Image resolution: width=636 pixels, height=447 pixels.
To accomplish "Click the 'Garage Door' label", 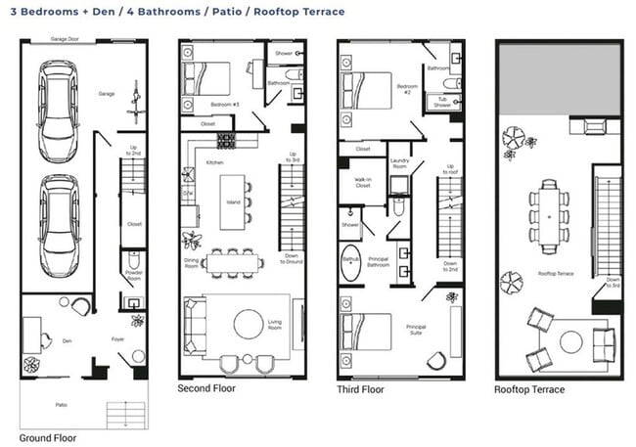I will click(66, 40).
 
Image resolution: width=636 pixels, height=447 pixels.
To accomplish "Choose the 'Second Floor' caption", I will click(205, 388).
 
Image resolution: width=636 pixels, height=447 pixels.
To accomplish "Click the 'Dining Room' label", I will click(192, 262).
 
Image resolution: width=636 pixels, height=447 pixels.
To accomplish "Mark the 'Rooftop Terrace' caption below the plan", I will click(529, 389).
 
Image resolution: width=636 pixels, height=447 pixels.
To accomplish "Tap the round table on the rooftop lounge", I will click(570, 341).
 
